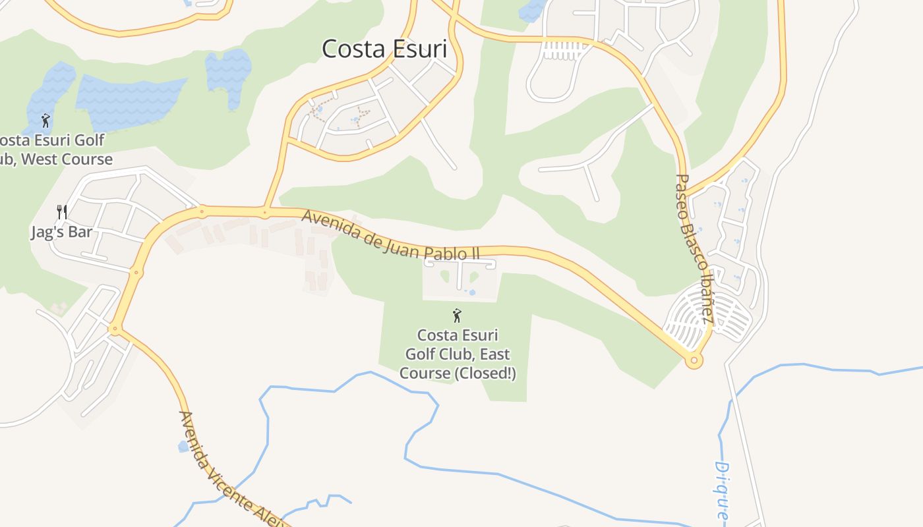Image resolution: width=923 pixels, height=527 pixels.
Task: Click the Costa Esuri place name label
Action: coord(384,49)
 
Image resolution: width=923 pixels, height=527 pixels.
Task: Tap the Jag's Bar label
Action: coord(61,233)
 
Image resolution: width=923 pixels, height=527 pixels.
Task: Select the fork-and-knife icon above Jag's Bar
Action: coord(62,212)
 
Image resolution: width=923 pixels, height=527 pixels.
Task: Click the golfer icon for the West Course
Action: coord(45,121)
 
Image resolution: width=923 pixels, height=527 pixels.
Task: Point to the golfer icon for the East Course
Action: coord(457,316)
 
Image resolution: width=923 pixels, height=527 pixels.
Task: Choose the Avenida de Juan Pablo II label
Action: coord(390,235)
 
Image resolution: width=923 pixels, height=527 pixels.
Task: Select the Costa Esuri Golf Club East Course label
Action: coord(458,354)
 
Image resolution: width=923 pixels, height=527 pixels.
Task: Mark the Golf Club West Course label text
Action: coord(57,150)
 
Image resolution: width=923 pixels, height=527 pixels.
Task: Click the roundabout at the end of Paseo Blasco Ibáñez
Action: coord(693,360)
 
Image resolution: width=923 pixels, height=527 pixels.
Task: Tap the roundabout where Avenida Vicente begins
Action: coord(115,328)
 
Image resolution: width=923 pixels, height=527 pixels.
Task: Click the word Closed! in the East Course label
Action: coord(487,374)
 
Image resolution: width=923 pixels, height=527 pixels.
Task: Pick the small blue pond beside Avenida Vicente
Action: coord(183,446)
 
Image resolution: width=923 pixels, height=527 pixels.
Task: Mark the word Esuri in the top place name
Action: coord(418,49)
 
